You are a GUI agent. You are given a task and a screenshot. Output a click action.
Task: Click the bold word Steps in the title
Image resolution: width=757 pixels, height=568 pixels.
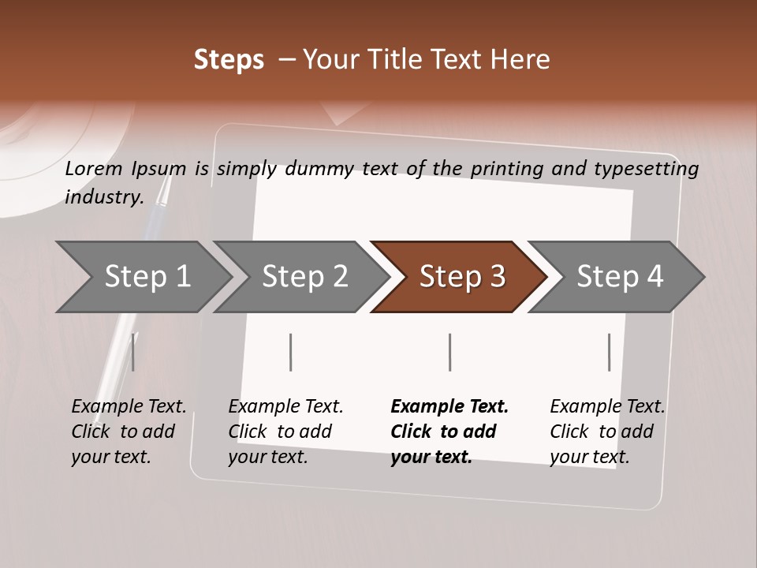(x=229, y=60)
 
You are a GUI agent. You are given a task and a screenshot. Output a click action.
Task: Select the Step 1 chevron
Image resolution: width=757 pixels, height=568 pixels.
(x=147, y=277)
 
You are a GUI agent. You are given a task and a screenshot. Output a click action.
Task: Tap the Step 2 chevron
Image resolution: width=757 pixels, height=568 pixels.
(x=304, y=277)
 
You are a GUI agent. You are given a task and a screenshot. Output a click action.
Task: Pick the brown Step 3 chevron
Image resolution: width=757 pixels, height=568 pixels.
(x=462, y=277)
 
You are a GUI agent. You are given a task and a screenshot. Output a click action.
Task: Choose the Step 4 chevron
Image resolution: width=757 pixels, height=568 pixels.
(x=620, y=277)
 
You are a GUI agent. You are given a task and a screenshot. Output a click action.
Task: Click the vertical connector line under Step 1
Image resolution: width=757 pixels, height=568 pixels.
(x=133, y=352)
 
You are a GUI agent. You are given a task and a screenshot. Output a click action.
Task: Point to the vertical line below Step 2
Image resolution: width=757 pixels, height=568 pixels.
(x=291, y=352)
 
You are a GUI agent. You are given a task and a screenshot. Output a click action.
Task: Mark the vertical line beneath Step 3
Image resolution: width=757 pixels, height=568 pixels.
(x=450, y=352)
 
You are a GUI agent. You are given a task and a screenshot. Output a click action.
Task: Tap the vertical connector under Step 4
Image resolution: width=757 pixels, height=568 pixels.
(x=609, y=352)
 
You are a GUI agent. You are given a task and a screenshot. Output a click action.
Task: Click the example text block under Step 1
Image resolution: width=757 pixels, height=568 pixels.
(x=129, y=432)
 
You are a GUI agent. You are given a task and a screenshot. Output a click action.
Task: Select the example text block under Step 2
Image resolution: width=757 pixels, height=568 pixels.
(x=285, y=432)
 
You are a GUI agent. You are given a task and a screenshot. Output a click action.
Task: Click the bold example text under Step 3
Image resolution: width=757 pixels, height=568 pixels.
(x=449, y=432)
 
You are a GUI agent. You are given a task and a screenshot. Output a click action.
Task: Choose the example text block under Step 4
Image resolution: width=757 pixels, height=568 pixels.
(x=607, y=432)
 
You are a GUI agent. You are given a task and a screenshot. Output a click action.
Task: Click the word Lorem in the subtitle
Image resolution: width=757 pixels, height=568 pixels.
(x=94, y=168)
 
